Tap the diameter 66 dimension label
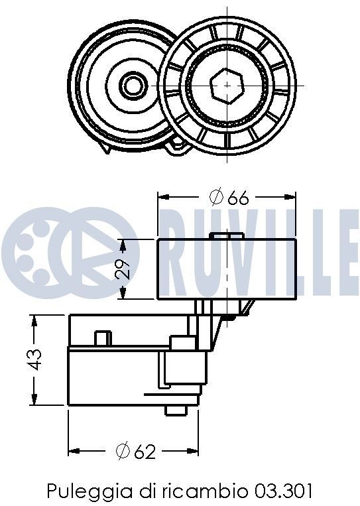(227, 197)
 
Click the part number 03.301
(282, 491)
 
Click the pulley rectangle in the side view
(226, 268)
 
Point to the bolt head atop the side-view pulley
(225, 235)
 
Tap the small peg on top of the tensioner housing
(101, 338)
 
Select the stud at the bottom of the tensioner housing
(174, 411)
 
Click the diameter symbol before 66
(214, 197)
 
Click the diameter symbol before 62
(121, 452)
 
